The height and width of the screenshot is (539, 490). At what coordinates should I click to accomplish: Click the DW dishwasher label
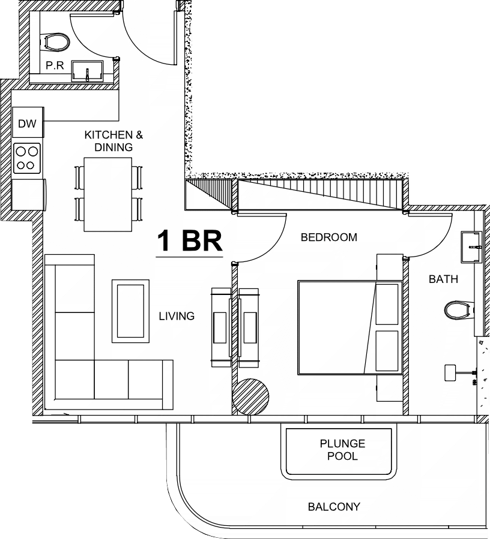point(27,124)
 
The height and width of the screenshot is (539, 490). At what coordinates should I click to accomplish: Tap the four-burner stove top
point(27,158)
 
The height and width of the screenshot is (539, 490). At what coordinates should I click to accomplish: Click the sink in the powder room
point(88,71)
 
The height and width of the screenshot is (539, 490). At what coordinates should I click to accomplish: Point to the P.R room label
point(55,65)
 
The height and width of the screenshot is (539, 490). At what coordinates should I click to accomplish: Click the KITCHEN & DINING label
point(113,141)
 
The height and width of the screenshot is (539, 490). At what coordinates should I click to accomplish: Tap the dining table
point(107,195)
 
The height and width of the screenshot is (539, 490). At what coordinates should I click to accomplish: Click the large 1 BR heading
point(190,241)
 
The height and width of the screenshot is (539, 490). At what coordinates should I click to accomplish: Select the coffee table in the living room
point(130,311)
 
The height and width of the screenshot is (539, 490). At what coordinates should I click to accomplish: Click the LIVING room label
point(177,316)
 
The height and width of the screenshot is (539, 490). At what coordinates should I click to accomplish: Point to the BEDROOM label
point(329,237)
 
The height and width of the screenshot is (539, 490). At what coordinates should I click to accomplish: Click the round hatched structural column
point(250,397)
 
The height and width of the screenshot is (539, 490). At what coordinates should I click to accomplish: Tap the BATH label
point(444,279)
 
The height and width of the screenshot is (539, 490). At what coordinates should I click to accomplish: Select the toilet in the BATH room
point(459,310)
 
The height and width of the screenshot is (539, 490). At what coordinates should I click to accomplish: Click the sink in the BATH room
point(471,247)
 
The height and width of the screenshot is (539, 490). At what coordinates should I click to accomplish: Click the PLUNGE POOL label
point(342,450)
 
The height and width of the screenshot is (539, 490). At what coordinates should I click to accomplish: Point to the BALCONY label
point(334,507)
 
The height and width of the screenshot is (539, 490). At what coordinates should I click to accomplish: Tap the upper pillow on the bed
point(387,304)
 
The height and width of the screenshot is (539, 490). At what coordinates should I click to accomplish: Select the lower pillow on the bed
point(387,351)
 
